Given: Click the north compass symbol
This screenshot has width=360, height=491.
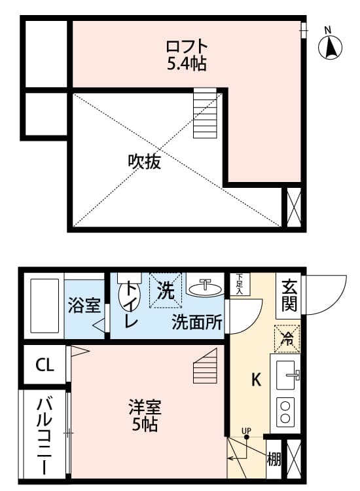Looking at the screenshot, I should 331,46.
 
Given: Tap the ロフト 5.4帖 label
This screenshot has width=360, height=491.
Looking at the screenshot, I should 187,55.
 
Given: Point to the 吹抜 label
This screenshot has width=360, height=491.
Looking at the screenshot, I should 145,161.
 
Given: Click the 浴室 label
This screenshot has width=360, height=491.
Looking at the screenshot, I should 84,306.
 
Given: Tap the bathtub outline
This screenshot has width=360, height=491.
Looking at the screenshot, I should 44,306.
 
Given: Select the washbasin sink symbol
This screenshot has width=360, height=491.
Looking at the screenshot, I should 206,287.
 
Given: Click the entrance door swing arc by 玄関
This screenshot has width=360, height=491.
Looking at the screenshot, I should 327,295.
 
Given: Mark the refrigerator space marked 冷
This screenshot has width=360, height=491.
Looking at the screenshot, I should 287,338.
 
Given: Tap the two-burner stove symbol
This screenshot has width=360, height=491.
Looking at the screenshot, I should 287,412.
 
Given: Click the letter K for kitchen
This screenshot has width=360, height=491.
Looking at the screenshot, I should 257,380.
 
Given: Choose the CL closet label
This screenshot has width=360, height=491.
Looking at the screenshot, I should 45,365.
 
